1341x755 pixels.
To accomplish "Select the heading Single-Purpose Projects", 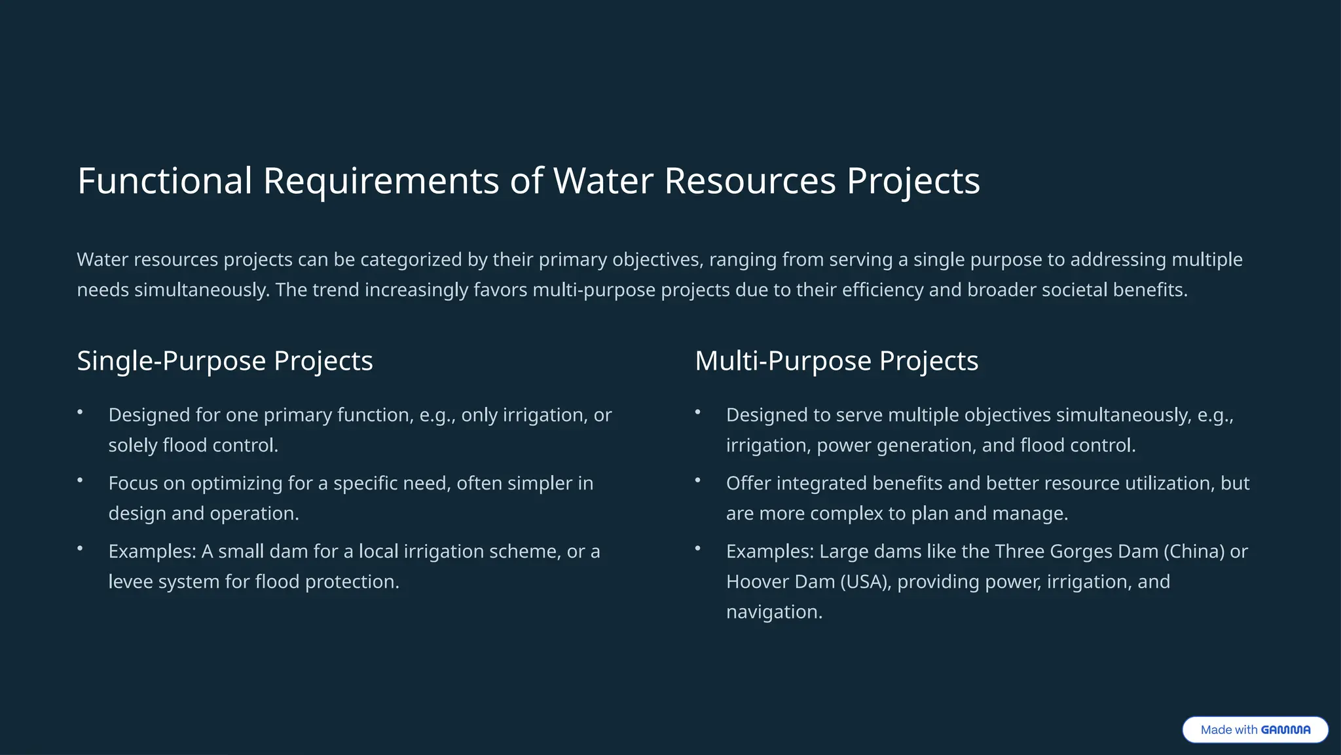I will [225, 361].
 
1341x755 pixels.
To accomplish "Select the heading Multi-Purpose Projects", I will [836, 361].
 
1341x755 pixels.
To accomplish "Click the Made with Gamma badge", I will [1255, 729].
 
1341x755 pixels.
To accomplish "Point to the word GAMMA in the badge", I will [1285, 730].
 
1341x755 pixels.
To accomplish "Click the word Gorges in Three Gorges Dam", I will [1080, 551].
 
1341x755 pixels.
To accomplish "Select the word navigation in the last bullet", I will [773, 611].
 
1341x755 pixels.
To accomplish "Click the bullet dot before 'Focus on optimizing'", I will [80, 480].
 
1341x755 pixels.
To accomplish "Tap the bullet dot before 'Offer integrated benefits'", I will [697, 480].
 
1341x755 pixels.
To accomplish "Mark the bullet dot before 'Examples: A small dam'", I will [80, 549].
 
